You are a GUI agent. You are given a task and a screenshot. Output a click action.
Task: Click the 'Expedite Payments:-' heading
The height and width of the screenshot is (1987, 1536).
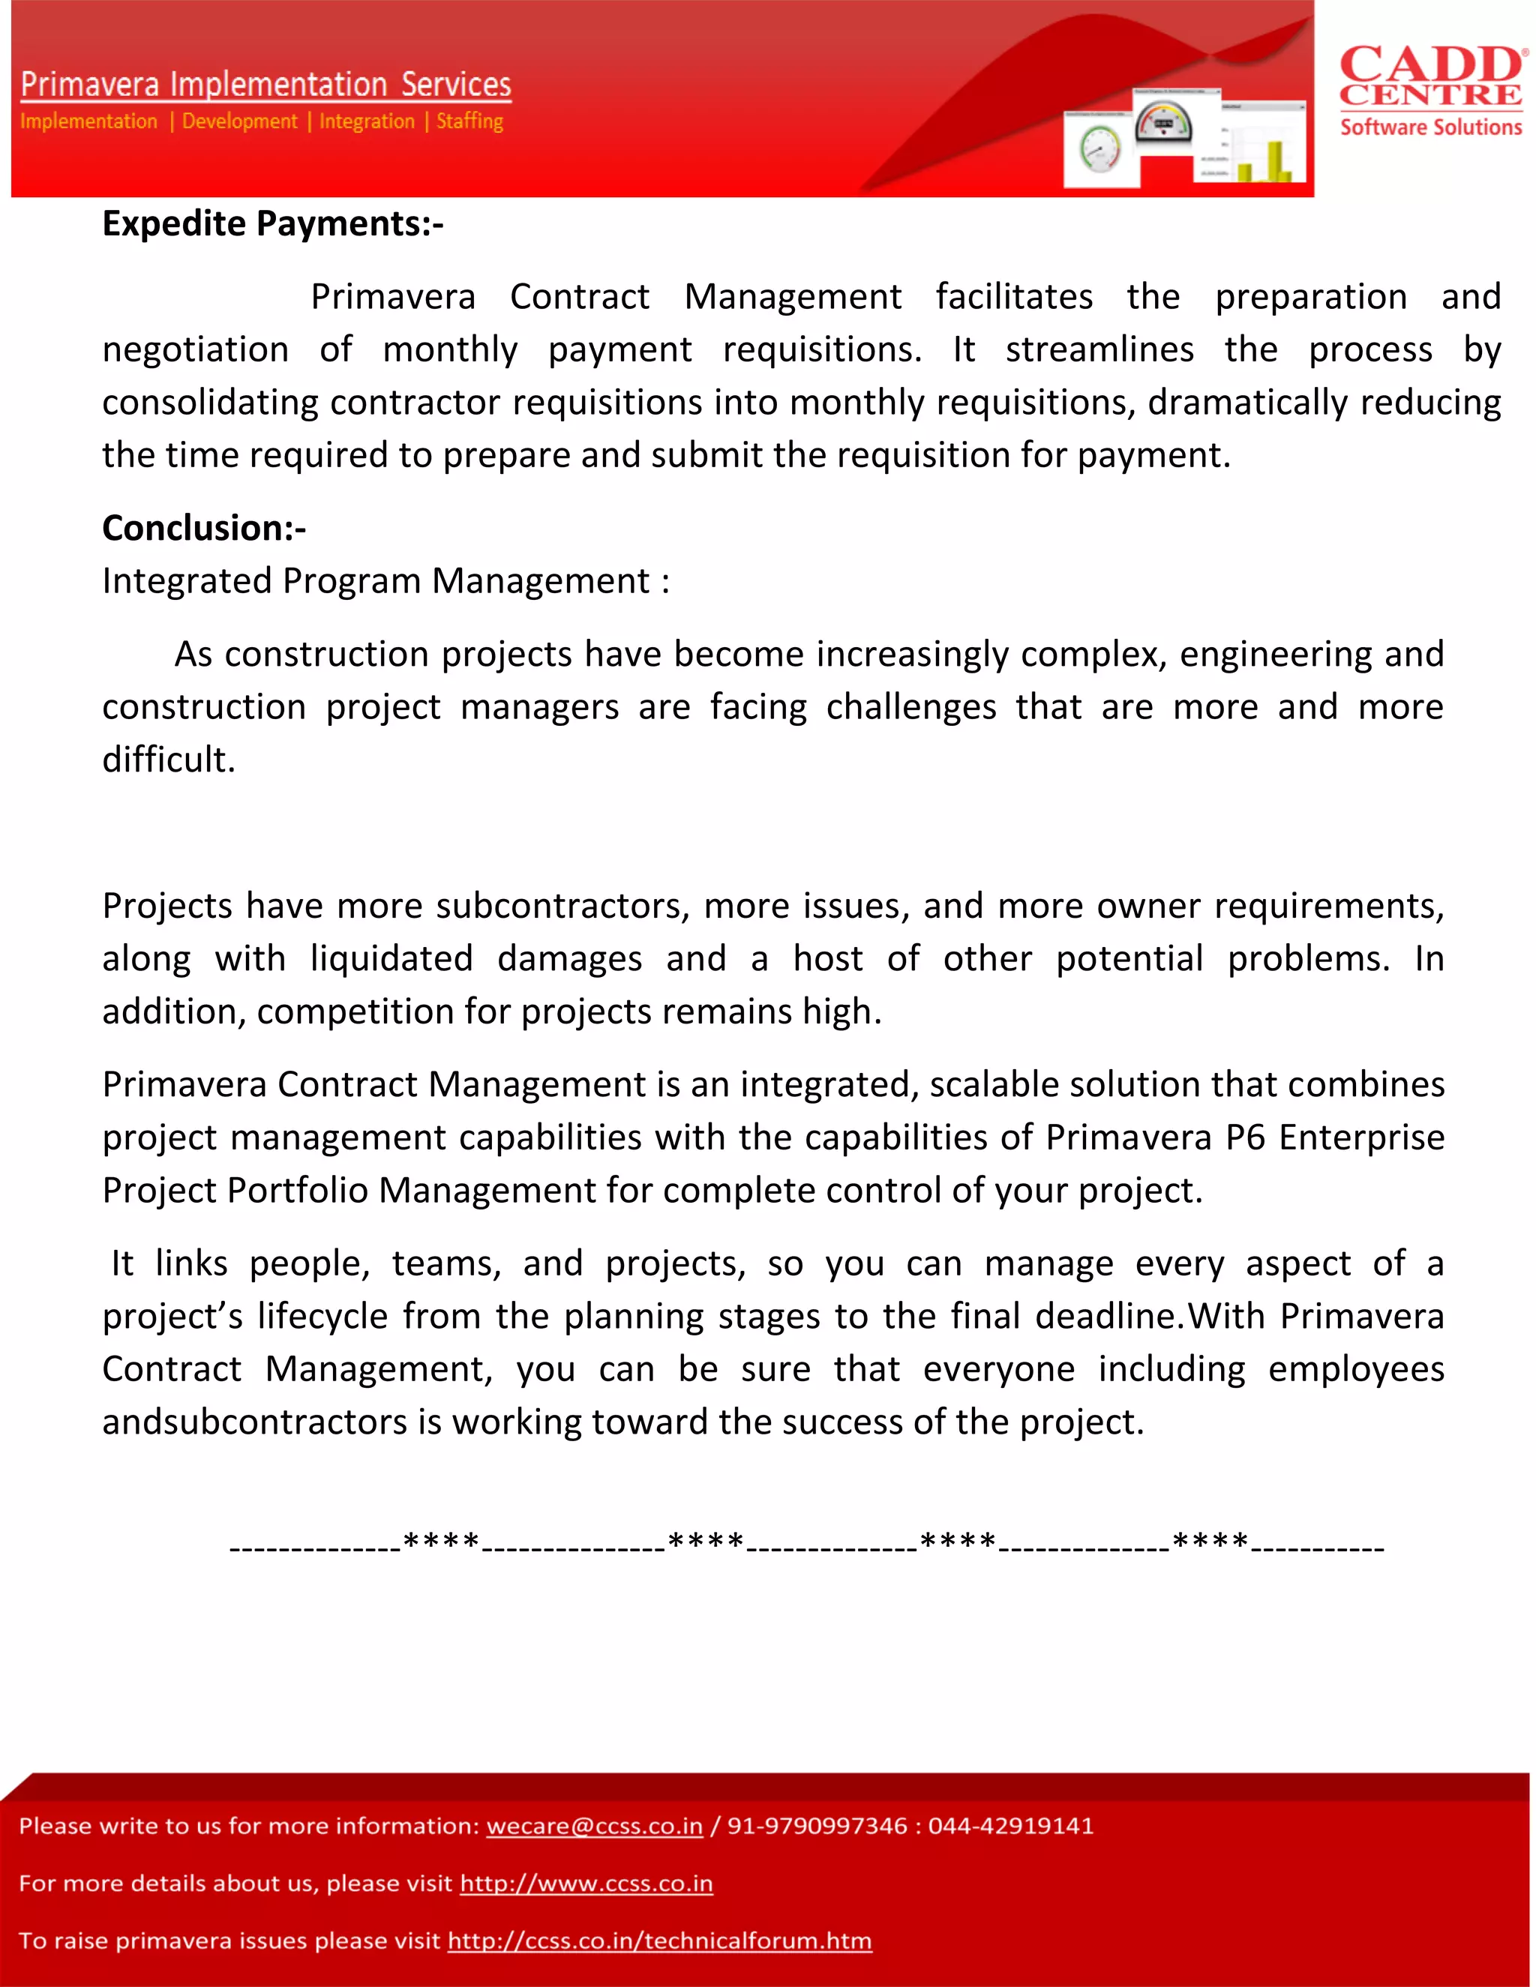[x=272, y=223]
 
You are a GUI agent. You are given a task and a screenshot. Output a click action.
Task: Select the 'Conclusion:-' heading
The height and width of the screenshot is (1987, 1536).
[x=204, y=529]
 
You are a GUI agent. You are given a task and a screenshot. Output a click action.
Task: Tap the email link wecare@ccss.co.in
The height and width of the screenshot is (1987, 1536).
[x=594, y=1826]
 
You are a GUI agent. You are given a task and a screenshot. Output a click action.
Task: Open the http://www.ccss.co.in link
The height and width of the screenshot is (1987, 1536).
[x=586, y=1884]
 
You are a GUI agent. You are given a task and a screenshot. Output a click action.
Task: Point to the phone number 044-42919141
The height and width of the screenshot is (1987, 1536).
[x=1010, y=1826]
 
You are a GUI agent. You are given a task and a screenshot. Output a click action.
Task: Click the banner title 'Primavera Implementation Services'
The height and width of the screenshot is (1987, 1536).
[x=265, y=85]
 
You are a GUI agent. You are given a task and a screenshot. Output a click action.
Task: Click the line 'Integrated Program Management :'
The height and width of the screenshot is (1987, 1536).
[x=385, y=581]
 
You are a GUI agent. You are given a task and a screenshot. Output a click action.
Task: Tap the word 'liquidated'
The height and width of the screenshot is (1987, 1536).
[x=391, y=959]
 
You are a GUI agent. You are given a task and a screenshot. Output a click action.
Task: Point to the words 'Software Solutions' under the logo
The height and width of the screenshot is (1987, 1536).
[x=1429, y=127]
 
